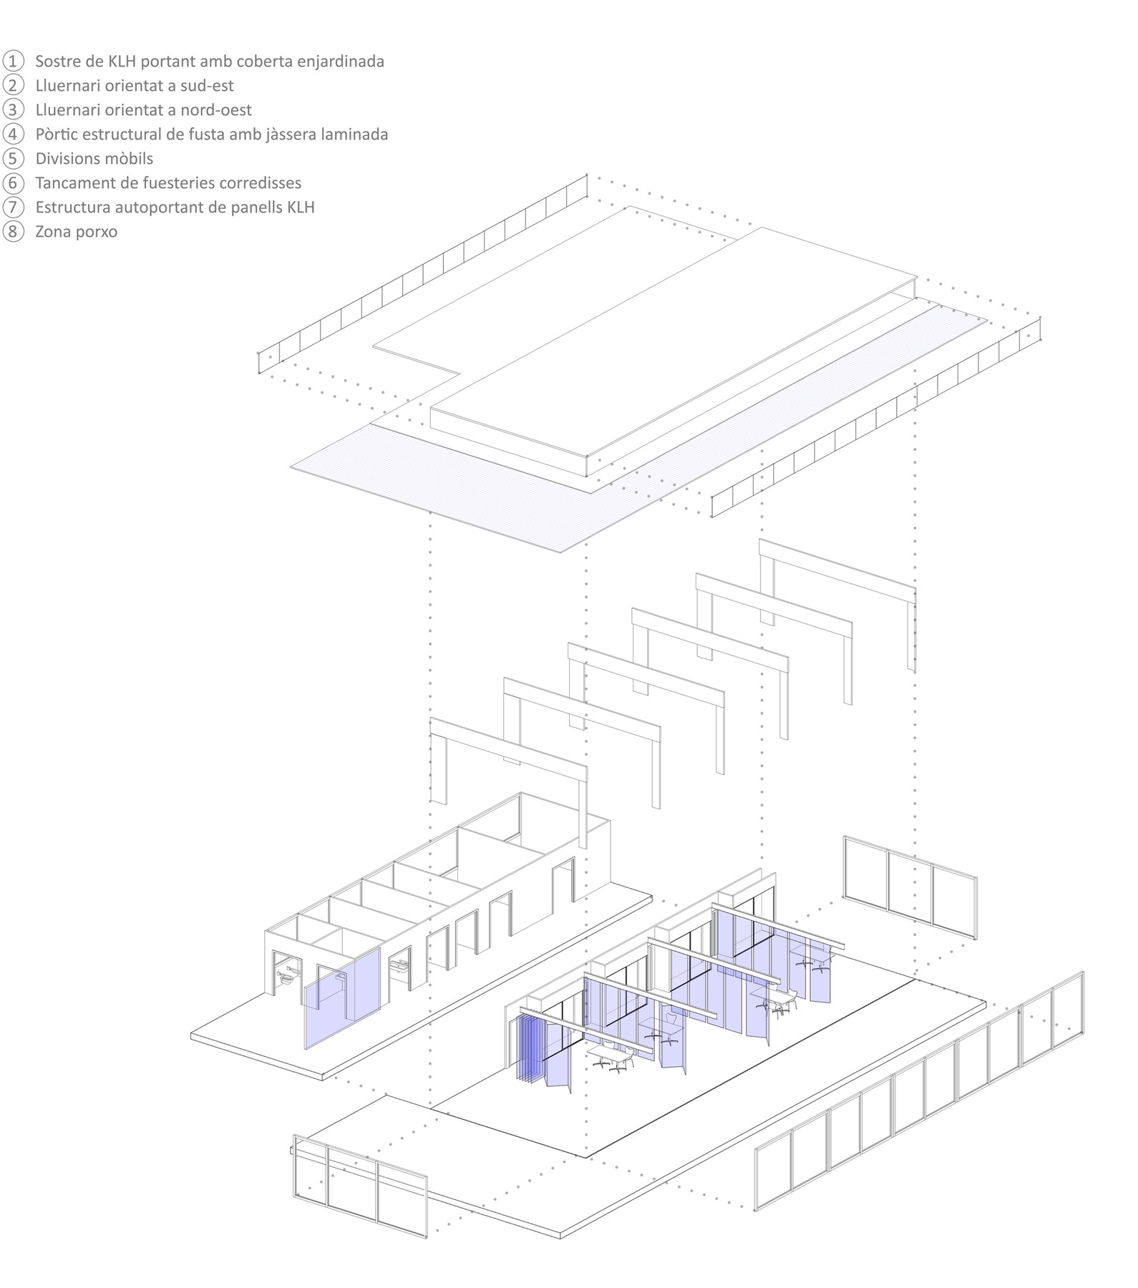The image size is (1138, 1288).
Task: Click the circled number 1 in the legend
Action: point(14,61)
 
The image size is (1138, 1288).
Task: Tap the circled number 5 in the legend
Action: point(14,158)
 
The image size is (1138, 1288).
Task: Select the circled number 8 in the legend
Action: point(14,231)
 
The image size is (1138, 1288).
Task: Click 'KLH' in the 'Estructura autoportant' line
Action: point(298,208)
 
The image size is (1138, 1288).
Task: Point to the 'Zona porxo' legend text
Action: point(76,232)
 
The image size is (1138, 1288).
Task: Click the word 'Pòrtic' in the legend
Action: point(56,135)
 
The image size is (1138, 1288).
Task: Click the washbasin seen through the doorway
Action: point(398,966)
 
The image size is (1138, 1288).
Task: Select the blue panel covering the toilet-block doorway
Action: point(343,998)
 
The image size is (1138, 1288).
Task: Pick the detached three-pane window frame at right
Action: point(910,888)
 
